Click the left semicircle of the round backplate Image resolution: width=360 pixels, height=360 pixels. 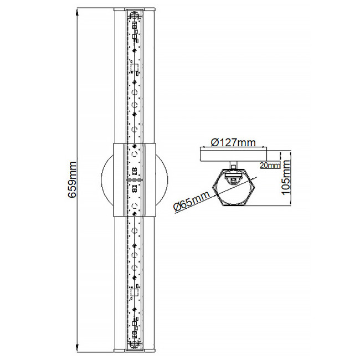[x=106, y=180]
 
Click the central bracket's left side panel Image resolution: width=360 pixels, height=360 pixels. [x=120, y=180]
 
